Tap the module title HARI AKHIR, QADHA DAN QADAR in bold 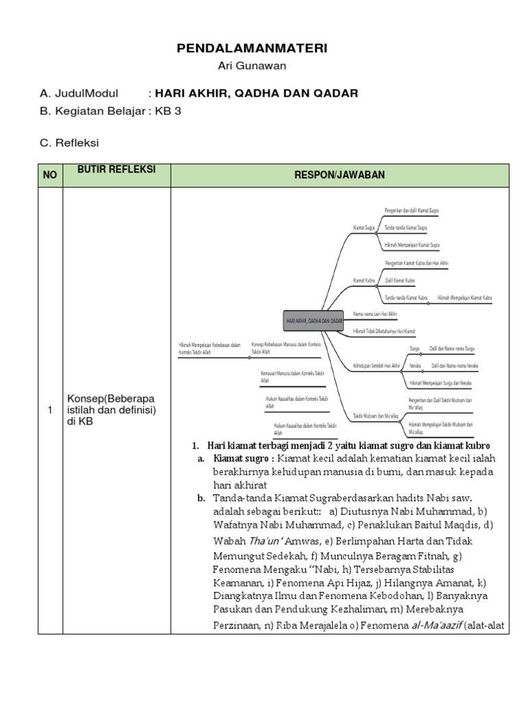pyautogui.click(x=256, y=93)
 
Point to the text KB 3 pyautogui.click(x=169, y=111)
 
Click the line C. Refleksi pyautogui.click(x=69, y=142)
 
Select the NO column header pyautogui.click(x=50, y=175)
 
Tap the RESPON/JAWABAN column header pyautogui.click(x=339, y=175)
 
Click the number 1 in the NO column pyautogui.click(x=49, y=409)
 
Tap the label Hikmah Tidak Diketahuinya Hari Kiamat pyautogui.click(x=384, y=331)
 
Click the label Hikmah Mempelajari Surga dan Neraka pyautogui.click(x=440, y=383)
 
